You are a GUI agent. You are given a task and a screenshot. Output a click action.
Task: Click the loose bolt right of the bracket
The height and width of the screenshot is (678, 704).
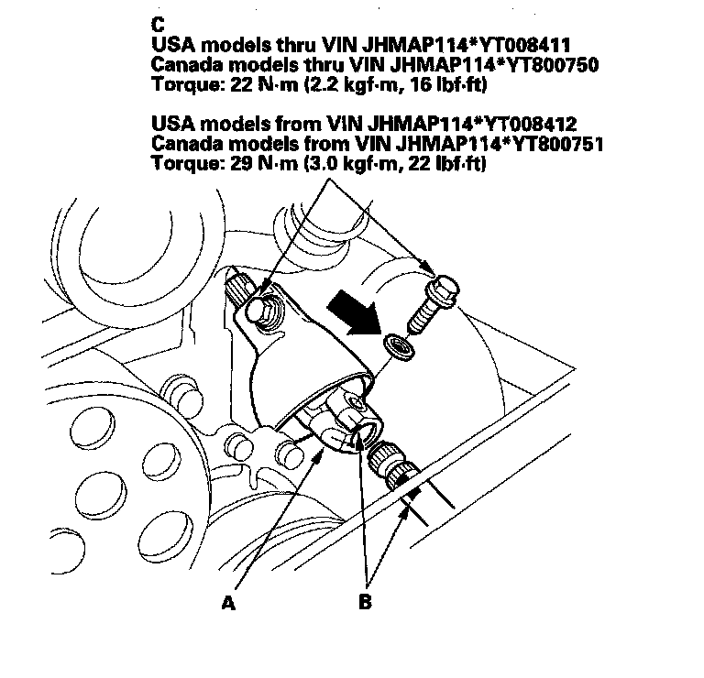[x=432, y=298]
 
